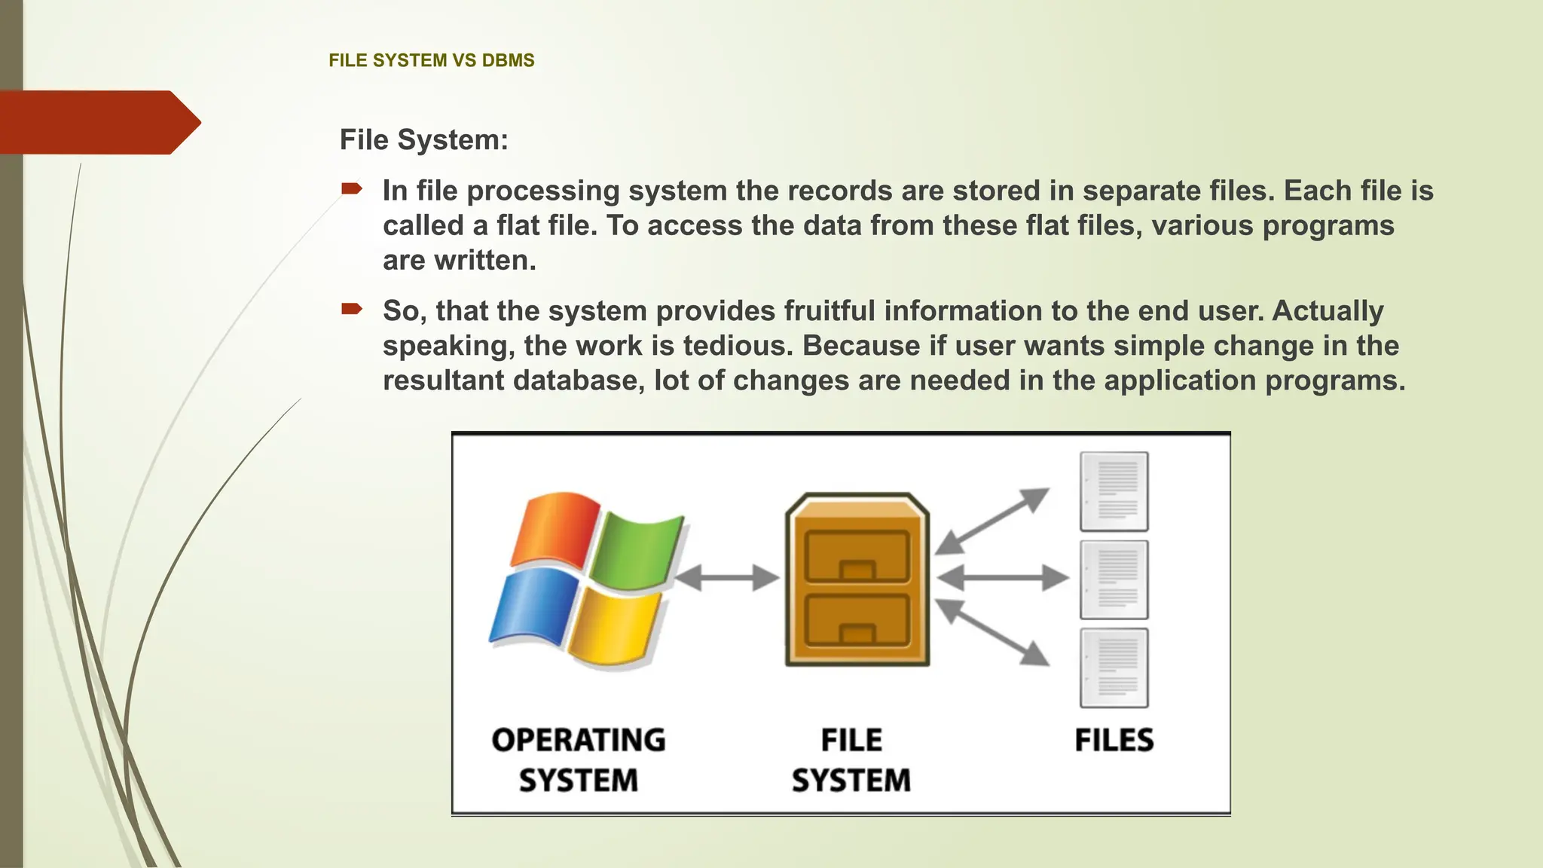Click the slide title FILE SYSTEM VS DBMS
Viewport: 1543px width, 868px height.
(432, 60)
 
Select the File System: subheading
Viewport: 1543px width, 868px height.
(424, 139)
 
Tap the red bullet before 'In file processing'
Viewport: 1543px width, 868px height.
(352, 188)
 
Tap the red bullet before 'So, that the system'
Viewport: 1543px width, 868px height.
(352, 308)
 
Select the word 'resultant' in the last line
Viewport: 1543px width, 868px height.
(443, 380)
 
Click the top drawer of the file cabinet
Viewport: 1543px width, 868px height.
(857, 556)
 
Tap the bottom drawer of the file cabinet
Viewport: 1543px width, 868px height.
(857, 620)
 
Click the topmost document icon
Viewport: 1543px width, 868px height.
(1114, 491)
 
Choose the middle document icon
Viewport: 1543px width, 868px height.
(1114, 579)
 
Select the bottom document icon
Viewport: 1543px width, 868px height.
(1114, 668)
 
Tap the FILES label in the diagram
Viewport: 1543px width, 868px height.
(1114, 740)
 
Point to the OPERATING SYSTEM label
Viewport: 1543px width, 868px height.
(579, 759)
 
